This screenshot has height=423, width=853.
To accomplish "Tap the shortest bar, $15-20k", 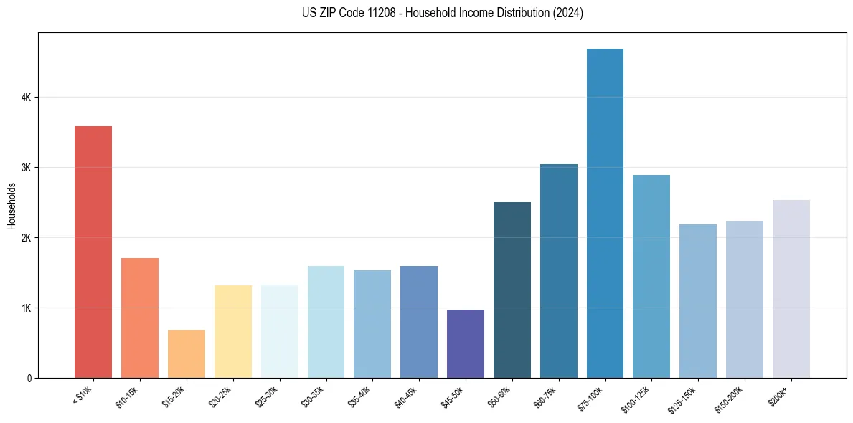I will click(187, 354).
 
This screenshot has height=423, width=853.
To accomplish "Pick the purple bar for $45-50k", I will click(466, 344).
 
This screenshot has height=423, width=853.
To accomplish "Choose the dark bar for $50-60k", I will click(512, 290).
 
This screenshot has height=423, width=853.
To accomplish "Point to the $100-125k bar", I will click(651, 277).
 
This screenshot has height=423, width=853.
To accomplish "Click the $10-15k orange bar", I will click(140, 318).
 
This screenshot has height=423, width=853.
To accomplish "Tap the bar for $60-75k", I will click(559, 271).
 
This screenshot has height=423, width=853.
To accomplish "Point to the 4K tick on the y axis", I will click(25, 98).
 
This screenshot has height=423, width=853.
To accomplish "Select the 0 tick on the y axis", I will click(28, 378).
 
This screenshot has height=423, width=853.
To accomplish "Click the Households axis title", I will click(11, 206).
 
